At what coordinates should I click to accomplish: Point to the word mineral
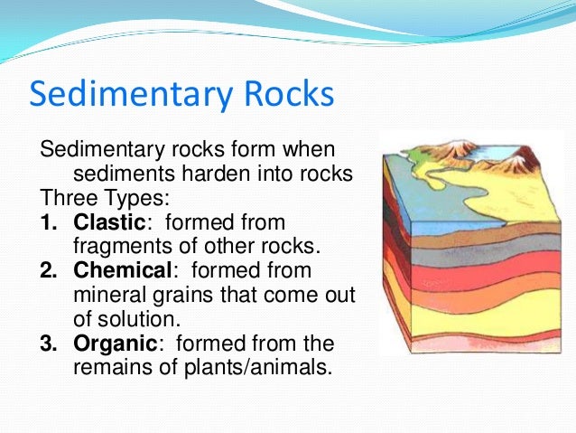point(102,295)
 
